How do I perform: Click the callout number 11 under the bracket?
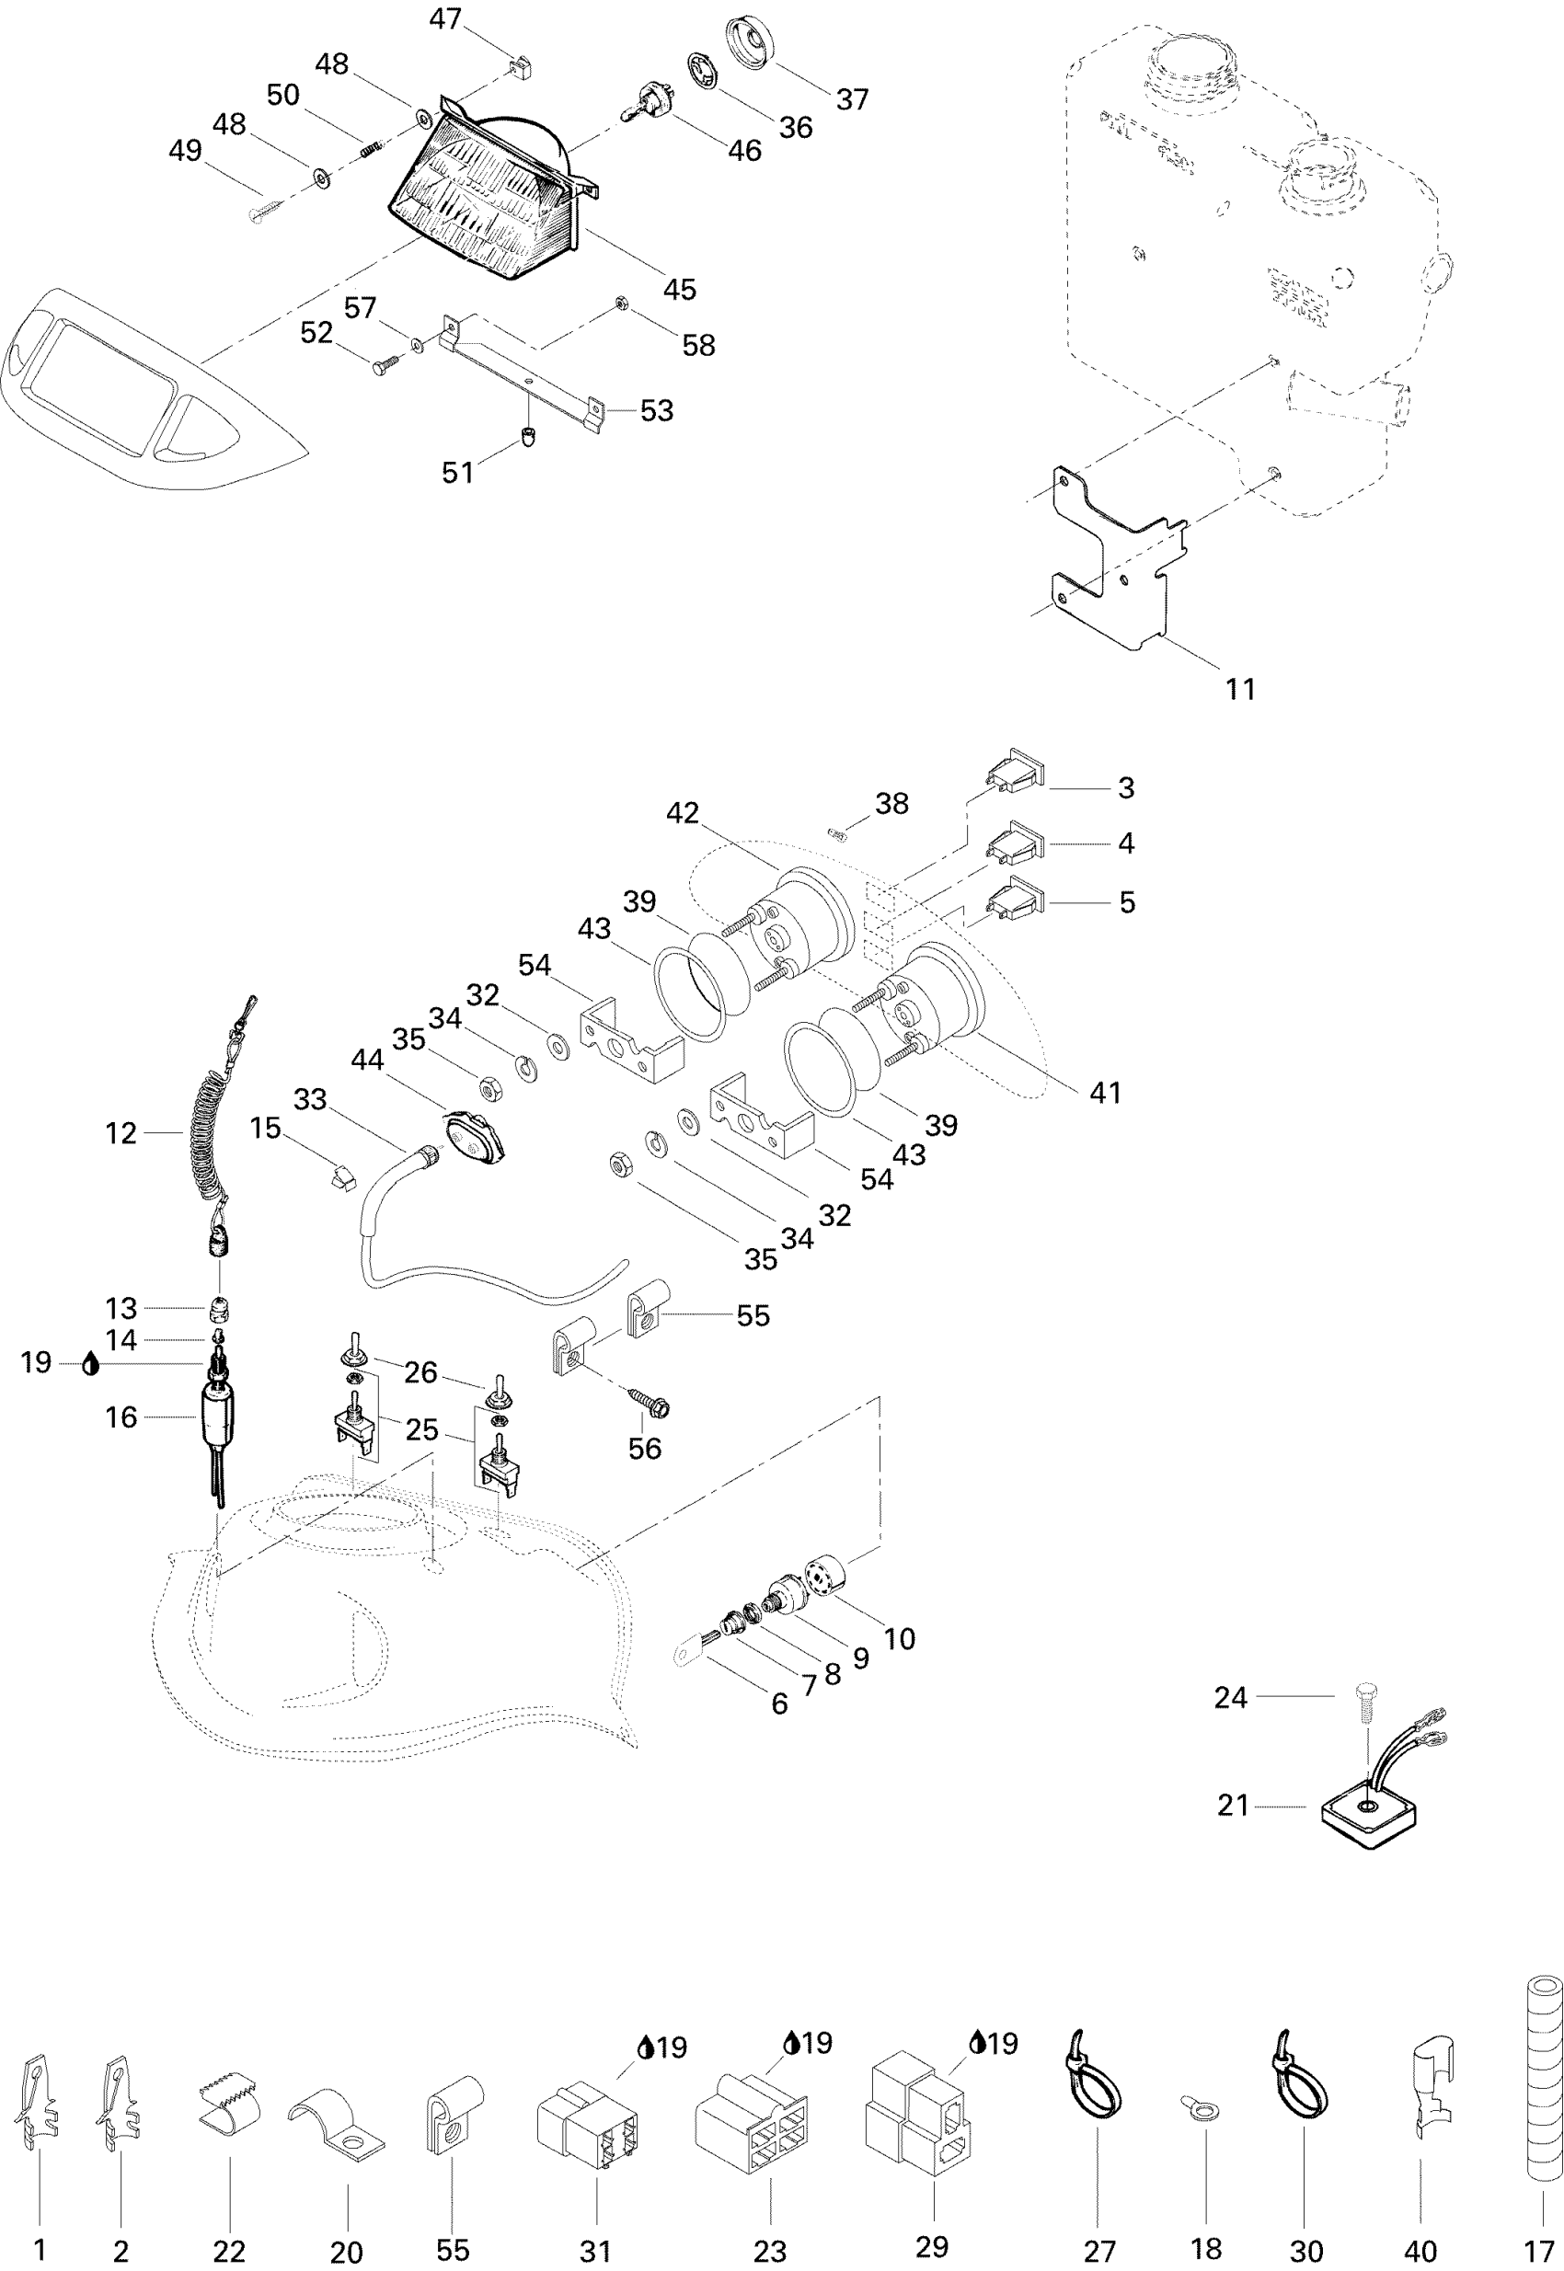(1239, 689)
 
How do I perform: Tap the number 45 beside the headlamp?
(679, 289)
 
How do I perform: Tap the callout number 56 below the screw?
(644, 1448)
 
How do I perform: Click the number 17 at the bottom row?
(1538, 2252)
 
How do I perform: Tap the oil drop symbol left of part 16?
(91, 1364)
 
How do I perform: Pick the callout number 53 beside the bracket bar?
(657, 410)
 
